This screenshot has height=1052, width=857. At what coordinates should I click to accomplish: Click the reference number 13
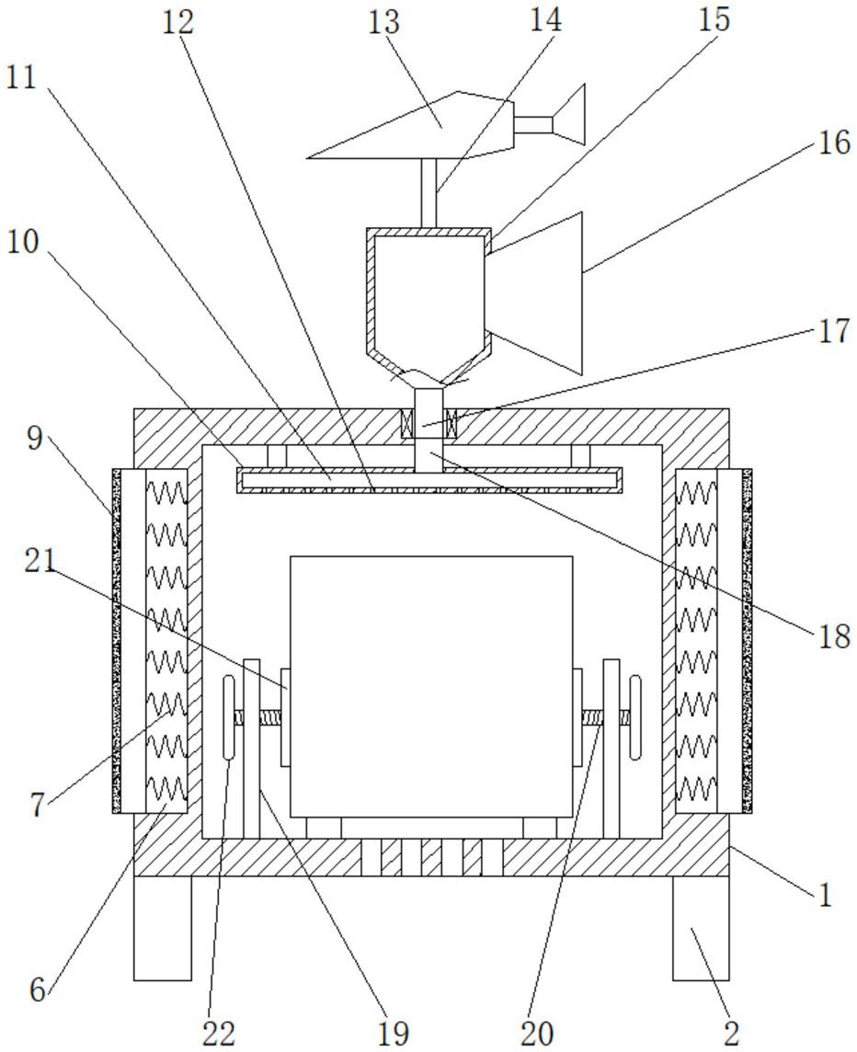point(383,22)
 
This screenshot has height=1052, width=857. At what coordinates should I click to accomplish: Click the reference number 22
point(219,1032)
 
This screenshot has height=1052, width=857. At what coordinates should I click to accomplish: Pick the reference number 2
point(731,1032)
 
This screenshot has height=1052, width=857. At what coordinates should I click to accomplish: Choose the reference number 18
point(834,636)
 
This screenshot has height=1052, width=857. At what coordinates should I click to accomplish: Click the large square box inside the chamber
point(431,686)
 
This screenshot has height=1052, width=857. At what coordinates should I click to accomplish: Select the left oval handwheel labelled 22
point(229,717)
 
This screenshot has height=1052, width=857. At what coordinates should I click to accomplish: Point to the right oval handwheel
point(634,717)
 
